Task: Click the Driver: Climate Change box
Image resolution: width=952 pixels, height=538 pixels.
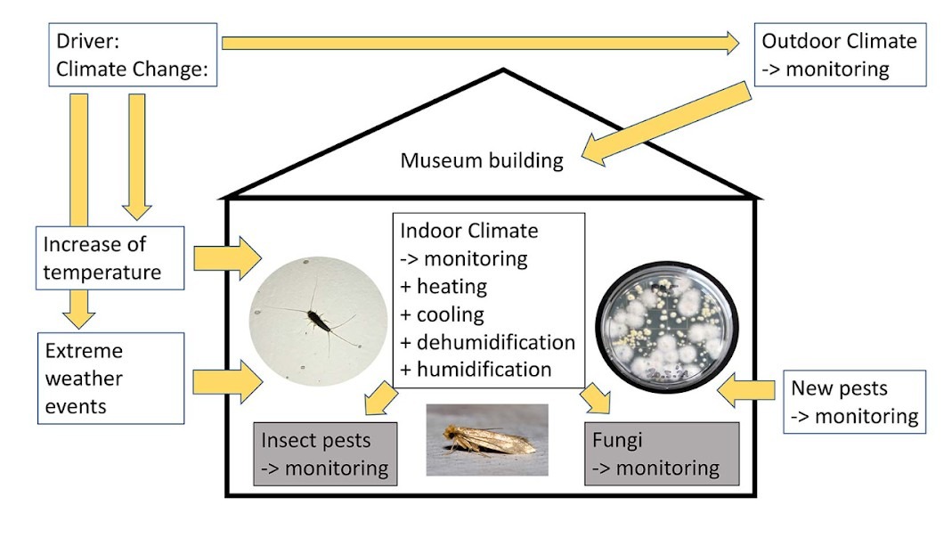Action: pyautogui.click(x=133, y=55)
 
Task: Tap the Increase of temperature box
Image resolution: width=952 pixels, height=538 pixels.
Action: pyautogui.click(x=111, y=257)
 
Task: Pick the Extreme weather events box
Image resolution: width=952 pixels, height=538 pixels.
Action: pyautogui.click(x=111, y=378)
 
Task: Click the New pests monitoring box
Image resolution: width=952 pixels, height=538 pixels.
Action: pyautogui.click(x=854, y=402)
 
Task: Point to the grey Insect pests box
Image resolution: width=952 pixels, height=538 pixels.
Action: pyautogui.click(x=324, y=454)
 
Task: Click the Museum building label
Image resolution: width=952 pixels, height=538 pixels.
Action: pyautogui.click(x=482, y=161)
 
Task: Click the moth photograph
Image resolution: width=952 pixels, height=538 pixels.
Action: pyautogui.click(x=486, y=440)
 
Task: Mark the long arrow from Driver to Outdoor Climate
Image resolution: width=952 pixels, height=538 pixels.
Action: pyautogui.click(x=481, y=42)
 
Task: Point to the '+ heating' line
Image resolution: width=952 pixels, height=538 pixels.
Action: pyautogui.click(x=444, y=287)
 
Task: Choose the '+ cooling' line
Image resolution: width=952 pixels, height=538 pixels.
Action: pyautogui.click(x=443, y=314)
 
